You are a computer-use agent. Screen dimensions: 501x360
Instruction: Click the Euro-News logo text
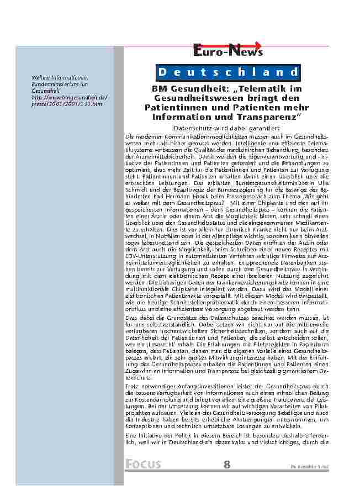(227, 52)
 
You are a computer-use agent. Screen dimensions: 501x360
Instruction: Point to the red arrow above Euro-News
(243, 45)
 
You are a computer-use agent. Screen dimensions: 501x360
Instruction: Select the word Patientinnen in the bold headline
(173, 107)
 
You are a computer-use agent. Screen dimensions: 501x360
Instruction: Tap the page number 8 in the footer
(227, 464)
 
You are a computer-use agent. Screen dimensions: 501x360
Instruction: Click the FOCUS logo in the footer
(142, 464)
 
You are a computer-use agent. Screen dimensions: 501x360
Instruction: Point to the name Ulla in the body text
(322, 182)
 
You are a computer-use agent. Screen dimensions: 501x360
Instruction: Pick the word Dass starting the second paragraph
(132, 319)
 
